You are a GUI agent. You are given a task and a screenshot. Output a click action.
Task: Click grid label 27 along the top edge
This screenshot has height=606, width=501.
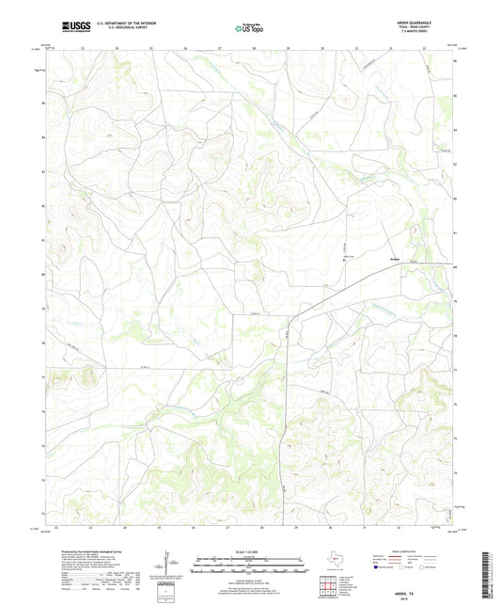click(218, 49)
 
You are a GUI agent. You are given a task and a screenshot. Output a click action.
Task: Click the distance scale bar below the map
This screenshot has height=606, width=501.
click(249, 565)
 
